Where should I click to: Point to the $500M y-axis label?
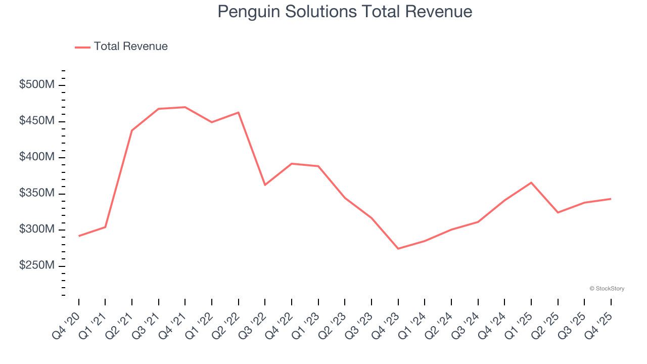[37, 85]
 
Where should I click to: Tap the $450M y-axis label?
[37, 121]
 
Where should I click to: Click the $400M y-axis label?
[37, 157]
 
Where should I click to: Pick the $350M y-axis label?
[37, 194]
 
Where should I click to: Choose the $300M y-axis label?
[37, 230]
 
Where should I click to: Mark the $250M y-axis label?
[37, 266]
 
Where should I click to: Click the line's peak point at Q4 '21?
[185, 107]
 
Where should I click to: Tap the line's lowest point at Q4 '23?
[398, 249]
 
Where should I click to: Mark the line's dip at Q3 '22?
[265, 185]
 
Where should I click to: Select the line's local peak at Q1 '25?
[531, 183]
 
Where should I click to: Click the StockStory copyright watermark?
[607, 289]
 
